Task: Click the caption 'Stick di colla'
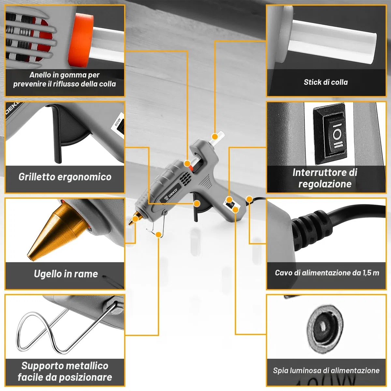[326, 82]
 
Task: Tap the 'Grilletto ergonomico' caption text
[65, 177]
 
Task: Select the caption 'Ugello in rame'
[66, 274]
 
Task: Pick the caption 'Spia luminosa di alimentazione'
[326, 370]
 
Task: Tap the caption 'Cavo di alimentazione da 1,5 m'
[327, 273]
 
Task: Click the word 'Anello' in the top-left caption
[40, 75]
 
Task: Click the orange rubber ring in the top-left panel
[80, 41]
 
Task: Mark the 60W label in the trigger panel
[118, 122]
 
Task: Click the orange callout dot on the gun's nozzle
[135, 219]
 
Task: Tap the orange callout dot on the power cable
[249, 199]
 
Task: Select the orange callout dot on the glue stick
[215, 137]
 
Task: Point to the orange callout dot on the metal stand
[159, 235]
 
